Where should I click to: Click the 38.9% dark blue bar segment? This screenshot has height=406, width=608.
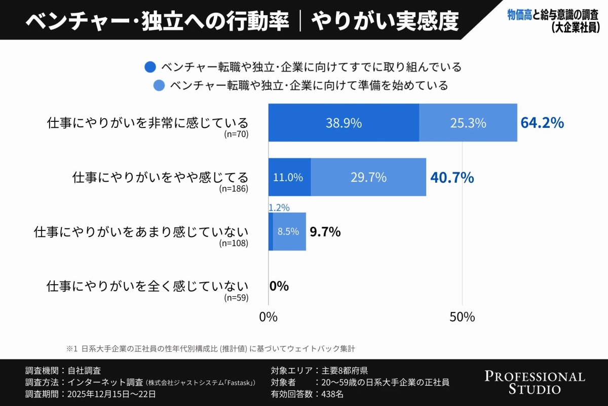point(344,123)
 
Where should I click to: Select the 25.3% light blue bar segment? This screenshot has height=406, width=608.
point(468,123)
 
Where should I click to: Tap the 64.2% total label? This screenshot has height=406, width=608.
point(542,123)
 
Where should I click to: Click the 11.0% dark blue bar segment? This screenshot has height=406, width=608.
point(289,177)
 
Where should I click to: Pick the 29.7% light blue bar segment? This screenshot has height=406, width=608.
point(368,177)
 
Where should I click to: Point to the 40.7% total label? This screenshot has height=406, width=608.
point(452,178)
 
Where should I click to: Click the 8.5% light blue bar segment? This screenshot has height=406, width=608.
point(289,231)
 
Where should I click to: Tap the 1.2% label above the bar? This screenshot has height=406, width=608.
point(279,208)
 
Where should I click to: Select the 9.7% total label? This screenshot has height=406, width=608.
point(325,232)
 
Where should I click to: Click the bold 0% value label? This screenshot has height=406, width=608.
point(279,286)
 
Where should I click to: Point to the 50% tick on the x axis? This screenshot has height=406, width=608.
point(462,317)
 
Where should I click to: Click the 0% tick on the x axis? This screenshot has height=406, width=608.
point(268,317)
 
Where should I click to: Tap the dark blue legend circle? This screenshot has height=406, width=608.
point(150,67)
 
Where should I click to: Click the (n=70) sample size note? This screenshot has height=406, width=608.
point(236,134)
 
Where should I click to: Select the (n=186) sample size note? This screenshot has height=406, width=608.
point(234,189)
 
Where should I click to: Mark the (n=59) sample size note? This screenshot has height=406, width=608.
point(236,297)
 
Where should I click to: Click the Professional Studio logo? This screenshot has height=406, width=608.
point(535,383)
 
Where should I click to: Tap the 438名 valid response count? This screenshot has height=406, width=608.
point(332,394)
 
